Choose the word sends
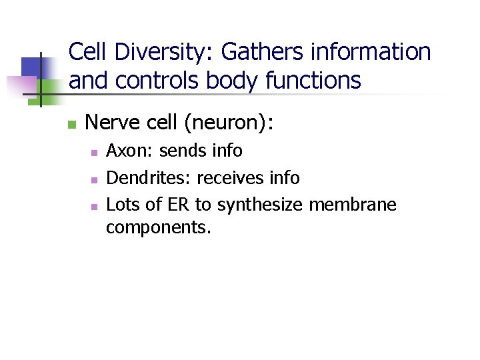click(x=183, y=151)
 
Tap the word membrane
click(x=353, y=205)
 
